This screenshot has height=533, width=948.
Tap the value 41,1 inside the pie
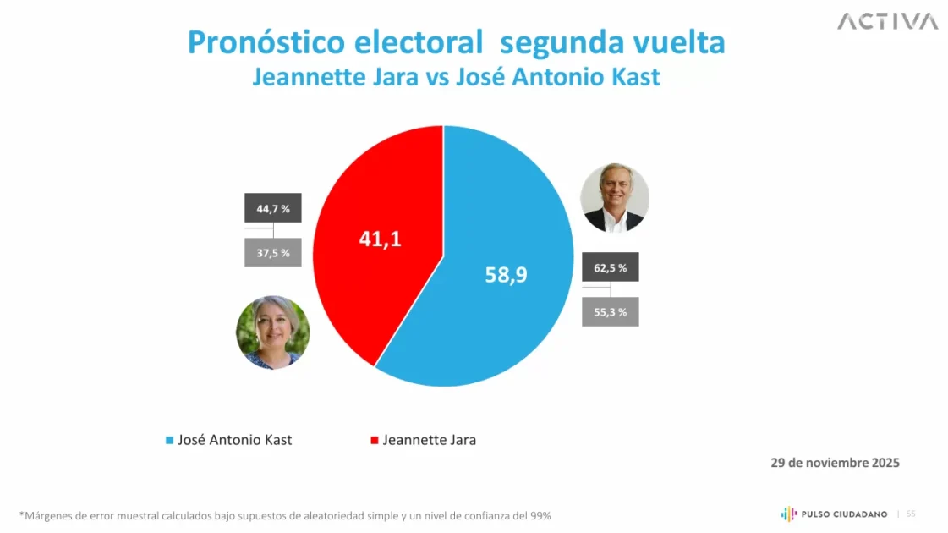pos(380,239)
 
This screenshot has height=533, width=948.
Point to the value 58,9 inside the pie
pos(506,274)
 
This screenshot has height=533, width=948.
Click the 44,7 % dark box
pos(273,208)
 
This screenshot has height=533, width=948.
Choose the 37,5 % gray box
pos(273,253)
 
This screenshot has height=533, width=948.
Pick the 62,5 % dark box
pos(610,267)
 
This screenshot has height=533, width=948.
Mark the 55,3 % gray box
pos(610,311)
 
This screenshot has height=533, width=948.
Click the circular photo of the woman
pos(272,332)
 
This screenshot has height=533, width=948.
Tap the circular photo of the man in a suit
pos(615,198)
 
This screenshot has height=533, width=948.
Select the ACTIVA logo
pos(887,21)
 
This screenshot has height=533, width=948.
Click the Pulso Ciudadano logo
pos(833,514)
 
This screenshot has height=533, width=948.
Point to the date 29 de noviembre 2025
pos(835,463)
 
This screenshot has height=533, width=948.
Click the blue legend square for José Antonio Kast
pos(169,440)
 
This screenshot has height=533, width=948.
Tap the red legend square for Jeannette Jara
pos(375,440)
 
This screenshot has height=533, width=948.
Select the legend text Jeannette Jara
pos(429,440)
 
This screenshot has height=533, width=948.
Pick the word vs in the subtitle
pos(436,77)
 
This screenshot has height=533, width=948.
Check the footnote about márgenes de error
pos(285,515)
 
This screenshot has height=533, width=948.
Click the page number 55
pos(911,514)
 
